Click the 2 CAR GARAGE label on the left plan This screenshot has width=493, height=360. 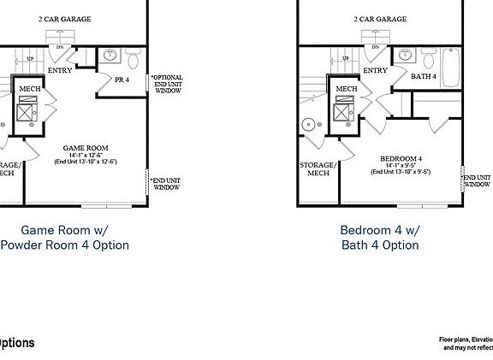tap(65, 18)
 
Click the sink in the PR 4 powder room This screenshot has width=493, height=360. tap(110, 57)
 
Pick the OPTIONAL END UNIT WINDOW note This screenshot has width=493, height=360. tap(167, 83)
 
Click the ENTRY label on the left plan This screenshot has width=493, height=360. tap(60, 70)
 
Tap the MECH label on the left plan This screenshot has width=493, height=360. tap(31, 87)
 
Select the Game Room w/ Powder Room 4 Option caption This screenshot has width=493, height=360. tap(64, 237)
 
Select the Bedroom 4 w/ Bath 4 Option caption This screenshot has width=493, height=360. tap(379, 237)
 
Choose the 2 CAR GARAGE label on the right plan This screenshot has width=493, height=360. tap(379, 18)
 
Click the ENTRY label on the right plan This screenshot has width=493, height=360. tap(375, 70)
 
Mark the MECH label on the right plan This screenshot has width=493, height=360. tap(346, 89)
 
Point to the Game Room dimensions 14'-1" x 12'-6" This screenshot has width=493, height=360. tap(84, 155)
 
